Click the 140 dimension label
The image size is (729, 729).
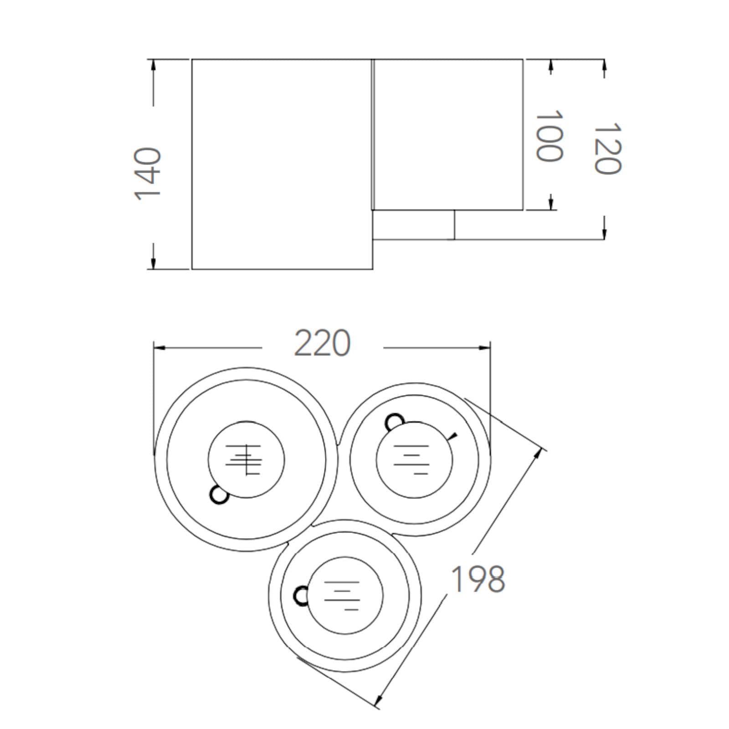click(x=148, y=174)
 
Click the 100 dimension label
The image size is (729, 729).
click(x=548, y=136)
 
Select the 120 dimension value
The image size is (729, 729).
click(x=607, y=148)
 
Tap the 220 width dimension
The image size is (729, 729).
click(x=323, y=343)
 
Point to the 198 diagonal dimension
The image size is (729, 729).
click(x=478, y=579)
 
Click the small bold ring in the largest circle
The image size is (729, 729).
click(x=219, y=495)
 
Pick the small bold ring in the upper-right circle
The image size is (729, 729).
click(x=395, y=422)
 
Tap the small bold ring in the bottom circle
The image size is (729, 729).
click(x=302, y=596)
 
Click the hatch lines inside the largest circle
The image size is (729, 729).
click(x=244, y=460)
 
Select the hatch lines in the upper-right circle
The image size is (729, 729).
click(x=411, y=459)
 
